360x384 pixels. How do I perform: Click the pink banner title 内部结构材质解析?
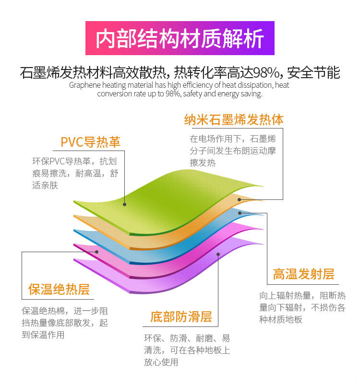180,38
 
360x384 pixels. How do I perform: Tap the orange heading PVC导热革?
90,142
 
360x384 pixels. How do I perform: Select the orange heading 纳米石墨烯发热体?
234,119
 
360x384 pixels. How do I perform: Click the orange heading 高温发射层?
303,274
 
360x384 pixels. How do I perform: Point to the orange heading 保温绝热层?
59,290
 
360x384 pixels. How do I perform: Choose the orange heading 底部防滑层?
181,317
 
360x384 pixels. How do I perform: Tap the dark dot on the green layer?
125,204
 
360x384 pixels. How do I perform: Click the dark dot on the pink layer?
97,251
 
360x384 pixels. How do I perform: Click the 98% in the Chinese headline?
267,73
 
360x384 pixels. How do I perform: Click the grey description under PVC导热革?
75,173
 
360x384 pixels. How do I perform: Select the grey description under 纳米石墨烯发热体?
232,151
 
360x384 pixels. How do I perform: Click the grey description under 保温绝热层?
65,323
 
